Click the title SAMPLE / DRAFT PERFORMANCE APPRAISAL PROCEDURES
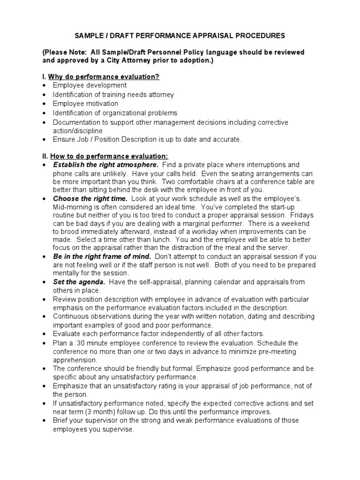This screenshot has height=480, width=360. [x=180, y=36]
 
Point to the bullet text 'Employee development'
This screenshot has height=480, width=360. [x=90, y=85]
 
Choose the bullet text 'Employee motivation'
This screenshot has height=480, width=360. [x=85, y=104]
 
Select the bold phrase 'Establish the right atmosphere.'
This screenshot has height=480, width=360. [x=105, y=165]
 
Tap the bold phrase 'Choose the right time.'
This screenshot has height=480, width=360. [x=90, y=199]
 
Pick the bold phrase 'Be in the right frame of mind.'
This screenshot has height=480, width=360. [x=102, y=256]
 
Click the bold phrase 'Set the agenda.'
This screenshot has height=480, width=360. [x=79, y=282]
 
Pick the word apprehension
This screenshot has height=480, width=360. [x=75, y=360]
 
